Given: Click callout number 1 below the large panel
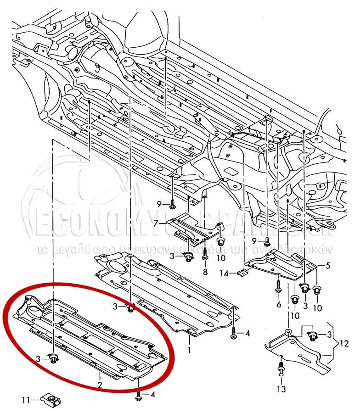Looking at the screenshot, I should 189,350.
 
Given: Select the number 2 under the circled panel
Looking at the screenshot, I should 99,385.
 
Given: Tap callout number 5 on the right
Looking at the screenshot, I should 328,266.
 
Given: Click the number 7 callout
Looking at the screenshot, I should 156,223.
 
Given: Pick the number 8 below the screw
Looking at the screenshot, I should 205,272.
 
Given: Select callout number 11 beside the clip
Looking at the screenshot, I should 26,400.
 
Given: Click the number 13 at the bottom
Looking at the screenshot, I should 281,390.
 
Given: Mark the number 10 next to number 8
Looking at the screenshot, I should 221,258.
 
